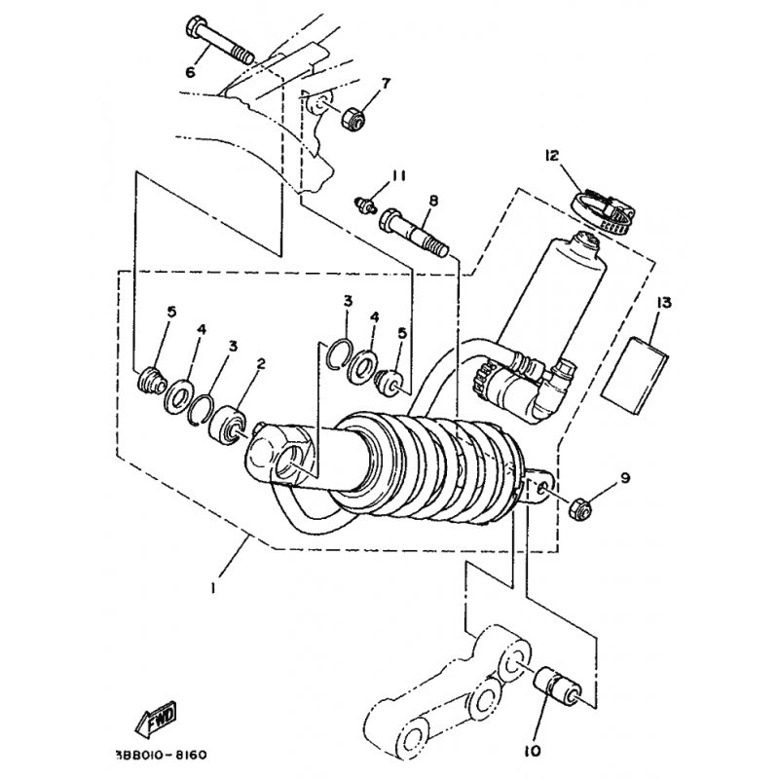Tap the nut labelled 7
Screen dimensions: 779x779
click(x=353, y=119)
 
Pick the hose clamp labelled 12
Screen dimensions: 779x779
click(x=603, y=210)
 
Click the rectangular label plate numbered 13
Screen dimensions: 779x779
click(x=635, y=375)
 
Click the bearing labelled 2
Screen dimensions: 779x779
click(x=228, y=426)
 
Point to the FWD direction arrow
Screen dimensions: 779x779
click(x=156, y=719)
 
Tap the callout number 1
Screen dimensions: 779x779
click(x=213, y=588)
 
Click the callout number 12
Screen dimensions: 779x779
click(x=551, y=156)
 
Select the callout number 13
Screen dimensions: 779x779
click(x=664, y=302)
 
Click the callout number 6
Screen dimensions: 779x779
click(x=190, y=72)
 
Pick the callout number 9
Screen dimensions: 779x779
click(x=625, y=478)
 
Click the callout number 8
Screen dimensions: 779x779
click(x=433, y=201)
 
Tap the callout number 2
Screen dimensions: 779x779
click(x=261, y=363)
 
